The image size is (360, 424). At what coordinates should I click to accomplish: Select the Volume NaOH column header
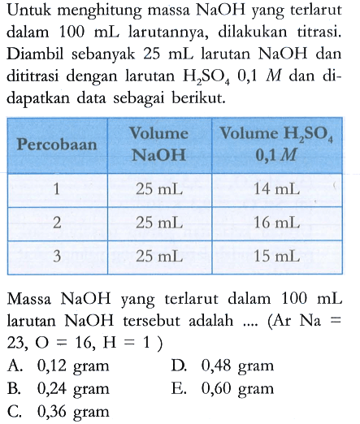point(163,139)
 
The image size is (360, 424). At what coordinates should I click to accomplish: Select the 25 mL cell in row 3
point(163,257)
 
